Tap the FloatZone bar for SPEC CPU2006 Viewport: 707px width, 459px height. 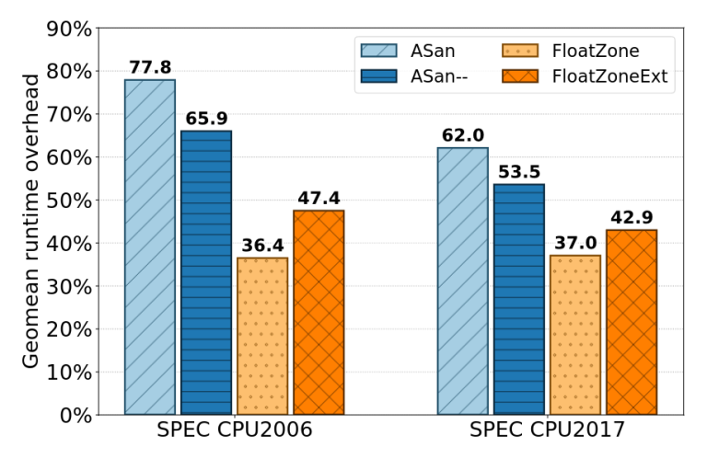click(262, 336)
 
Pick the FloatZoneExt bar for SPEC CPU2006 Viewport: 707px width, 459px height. click(319, 312)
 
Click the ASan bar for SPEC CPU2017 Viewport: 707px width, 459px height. click(463, 281)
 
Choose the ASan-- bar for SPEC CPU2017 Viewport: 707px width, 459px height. click(519, 299)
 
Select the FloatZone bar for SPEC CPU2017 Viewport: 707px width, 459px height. click(575, 335)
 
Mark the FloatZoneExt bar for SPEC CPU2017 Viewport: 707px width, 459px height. click(632, 322)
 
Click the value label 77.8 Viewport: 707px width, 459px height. click(150, 67)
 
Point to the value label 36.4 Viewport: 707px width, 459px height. click(262, 246)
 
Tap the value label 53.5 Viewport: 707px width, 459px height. click(519, 172)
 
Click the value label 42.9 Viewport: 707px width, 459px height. click(632, 218)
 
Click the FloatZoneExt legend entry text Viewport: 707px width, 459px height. click(609, 77)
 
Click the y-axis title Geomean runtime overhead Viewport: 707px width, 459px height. click(31, 221)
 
